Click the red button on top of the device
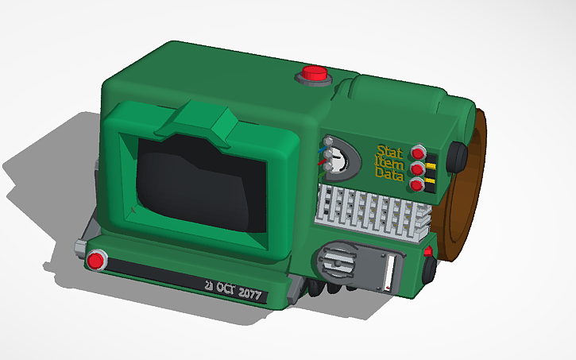(x=315, y=73)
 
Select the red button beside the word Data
(x=417, y=185)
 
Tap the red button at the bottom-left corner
(x=96, y=259)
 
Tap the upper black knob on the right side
(x=458, y=157)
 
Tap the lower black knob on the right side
(x=431, y=270)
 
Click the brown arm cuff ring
(x=469, y=199)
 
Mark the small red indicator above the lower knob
(x=428, y=252)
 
